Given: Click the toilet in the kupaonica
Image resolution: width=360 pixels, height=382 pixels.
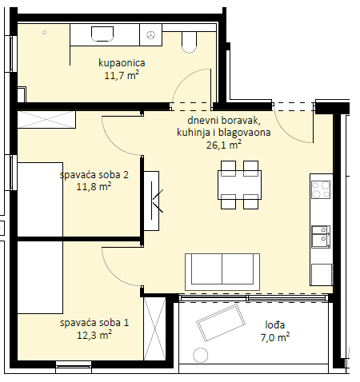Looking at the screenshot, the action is (190, 42).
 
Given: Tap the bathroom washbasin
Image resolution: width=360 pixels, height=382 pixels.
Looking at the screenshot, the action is (102, 34).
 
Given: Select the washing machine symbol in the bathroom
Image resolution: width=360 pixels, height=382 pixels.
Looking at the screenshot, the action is (150, 34).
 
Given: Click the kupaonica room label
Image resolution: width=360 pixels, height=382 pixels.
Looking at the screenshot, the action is (122, 63).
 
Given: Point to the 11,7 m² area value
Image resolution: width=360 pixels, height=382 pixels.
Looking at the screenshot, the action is (122, 75).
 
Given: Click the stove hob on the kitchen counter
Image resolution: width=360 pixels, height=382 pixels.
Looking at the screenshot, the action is (321, 189).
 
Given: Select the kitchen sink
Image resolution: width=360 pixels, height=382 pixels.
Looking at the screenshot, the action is (321, 237).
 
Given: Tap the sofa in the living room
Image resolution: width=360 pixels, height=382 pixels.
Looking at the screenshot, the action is (222, 272).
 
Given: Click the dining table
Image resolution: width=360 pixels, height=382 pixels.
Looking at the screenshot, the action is (239, 185).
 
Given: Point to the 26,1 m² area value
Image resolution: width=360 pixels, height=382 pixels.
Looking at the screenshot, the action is (224, 145).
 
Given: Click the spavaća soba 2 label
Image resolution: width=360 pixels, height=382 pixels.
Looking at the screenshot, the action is (94, 175).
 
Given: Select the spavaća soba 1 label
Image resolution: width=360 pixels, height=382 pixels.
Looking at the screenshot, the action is (94, 323).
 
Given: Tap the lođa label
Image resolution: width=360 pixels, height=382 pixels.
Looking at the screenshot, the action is (275, 324).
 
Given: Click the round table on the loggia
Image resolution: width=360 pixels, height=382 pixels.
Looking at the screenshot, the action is (200, 356).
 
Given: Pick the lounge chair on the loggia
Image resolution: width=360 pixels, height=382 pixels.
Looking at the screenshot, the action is (221, 323).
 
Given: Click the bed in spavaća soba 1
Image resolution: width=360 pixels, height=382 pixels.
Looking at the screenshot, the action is (40, 277).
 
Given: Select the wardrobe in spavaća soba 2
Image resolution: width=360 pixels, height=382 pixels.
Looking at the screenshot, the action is (46, 120).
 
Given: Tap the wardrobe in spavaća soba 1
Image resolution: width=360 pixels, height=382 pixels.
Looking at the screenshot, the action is (154, 329).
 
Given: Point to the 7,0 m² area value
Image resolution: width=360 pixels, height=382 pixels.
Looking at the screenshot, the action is (275, 337).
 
